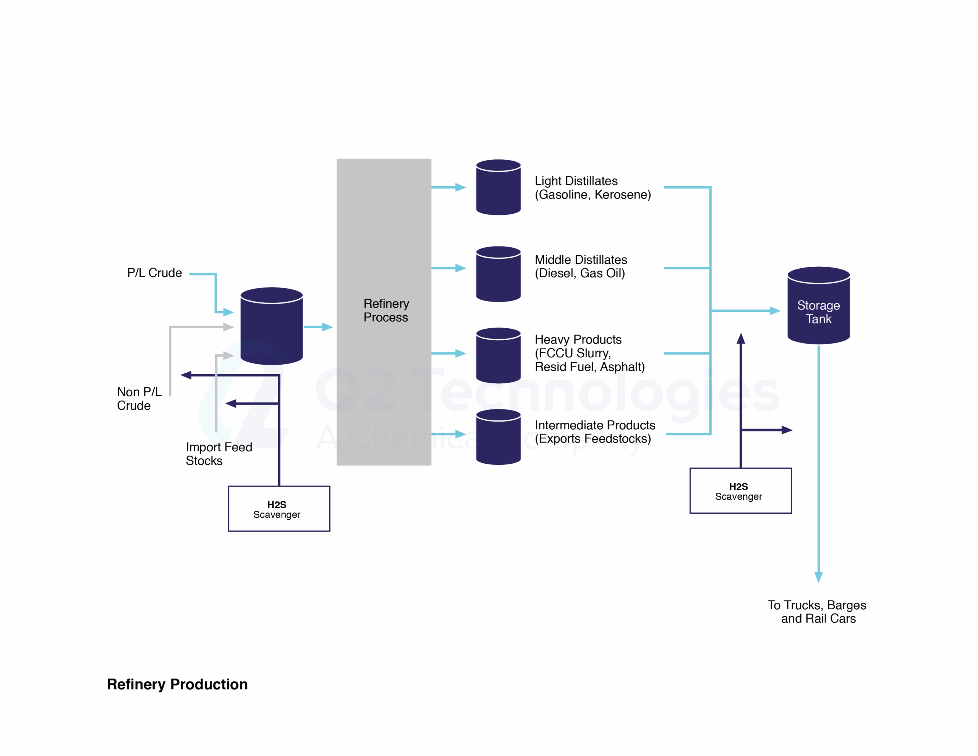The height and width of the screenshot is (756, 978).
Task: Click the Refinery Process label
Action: click(x=386, y=310)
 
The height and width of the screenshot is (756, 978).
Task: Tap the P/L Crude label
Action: click(x=154, y=273)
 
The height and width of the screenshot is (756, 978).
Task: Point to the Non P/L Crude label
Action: click(x=139, y=398)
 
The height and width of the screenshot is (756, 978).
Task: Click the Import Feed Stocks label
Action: click(x=219, y=454)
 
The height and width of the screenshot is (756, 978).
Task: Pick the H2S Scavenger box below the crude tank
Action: click(x=279, y=509)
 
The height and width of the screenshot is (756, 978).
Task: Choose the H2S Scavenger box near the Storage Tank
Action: click(x=740, y=491)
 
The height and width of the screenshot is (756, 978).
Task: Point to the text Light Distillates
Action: click(x=576, y=181)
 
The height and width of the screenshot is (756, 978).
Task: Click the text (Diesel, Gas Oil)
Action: click(x=580, y=273)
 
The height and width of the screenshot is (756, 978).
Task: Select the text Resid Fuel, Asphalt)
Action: click(x=589, y=367)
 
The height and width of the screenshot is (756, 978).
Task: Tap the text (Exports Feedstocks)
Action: click(x=593, y=438)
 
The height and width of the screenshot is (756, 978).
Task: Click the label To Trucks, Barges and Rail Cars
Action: click(x=817, y=611)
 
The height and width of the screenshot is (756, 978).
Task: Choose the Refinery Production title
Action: click(x=177, y=684)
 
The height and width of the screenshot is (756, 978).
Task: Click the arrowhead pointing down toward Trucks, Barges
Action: click(x=819, y=577)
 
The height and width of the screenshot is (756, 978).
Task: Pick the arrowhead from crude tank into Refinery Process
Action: click(x=327, y=327)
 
